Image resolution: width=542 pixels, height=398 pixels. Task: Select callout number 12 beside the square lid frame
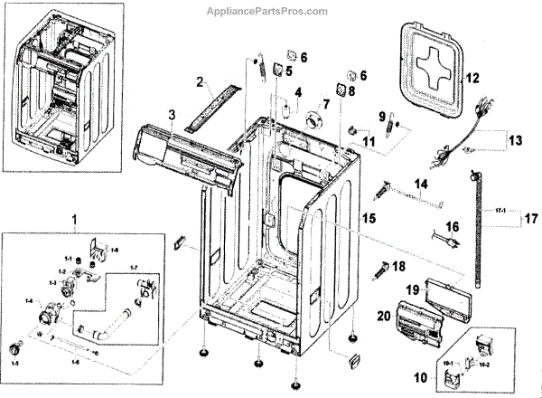(x=471, y=80)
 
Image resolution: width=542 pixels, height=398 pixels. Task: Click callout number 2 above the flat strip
(x=198, y=82)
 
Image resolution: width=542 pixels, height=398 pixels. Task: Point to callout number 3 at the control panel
(x=171, y=113)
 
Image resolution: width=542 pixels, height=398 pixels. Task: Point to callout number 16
(x=453, y=226)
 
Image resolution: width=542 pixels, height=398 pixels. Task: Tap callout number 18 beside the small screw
(x=400, y=266)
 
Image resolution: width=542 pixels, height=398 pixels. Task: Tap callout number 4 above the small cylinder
(x=296, y=92)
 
